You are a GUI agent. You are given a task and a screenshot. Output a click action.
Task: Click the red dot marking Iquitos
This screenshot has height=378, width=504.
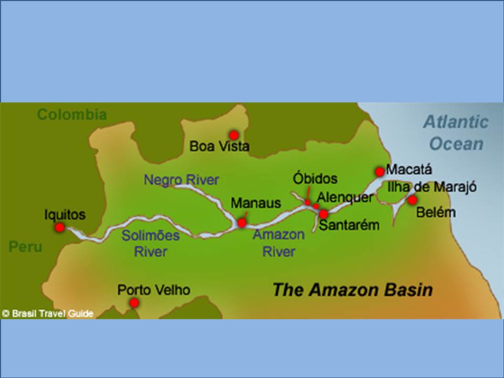(x=60, y=227)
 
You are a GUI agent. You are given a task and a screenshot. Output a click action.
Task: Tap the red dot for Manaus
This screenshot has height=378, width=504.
(x=241, y=223)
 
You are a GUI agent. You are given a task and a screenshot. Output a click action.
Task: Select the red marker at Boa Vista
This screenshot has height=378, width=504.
(x=234, y=135)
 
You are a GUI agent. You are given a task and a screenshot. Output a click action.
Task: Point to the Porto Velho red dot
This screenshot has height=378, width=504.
(x=134, y=303)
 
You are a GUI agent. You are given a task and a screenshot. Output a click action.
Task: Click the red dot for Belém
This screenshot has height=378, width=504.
(x=412, y=199)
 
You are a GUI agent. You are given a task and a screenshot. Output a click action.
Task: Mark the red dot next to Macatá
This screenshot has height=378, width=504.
(x=379, y=172)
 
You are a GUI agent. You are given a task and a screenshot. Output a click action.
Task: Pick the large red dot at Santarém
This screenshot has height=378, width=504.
(x=323, y=214)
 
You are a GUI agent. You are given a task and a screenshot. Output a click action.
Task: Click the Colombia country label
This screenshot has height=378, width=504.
(x=72, y=114)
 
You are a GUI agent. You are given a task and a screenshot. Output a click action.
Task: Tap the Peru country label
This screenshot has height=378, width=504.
(x=25, y=247)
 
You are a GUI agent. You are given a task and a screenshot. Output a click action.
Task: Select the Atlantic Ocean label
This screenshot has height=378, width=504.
(x=455, y=133)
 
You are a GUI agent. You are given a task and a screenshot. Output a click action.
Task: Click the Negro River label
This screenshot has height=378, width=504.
(x=181, y=180)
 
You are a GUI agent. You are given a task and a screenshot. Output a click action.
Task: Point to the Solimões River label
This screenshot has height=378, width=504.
(x=151, y=243)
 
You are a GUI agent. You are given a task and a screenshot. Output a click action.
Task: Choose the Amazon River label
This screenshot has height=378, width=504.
(x=278, y=243)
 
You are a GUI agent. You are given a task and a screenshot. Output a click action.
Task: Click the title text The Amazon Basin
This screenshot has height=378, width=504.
(x=352, y=290)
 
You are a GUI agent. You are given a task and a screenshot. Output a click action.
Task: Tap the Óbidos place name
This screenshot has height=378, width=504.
(x=315, y=179)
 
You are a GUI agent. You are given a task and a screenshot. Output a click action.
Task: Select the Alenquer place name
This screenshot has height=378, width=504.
(x=344, y=198)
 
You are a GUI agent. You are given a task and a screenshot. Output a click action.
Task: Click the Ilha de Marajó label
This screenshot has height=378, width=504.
(x=432, y=186)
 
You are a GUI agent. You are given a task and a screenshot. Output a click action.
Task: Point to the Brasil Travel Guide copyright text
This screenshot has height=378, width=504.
(x=48, y=313)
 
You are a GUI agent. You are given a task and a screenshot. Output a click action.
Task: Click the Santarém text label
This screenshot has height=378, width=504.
(x=349, y=225)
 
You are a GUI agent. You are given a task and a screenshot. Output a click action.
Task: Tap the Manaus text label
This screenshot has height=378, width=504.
(x=256, y=203)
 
